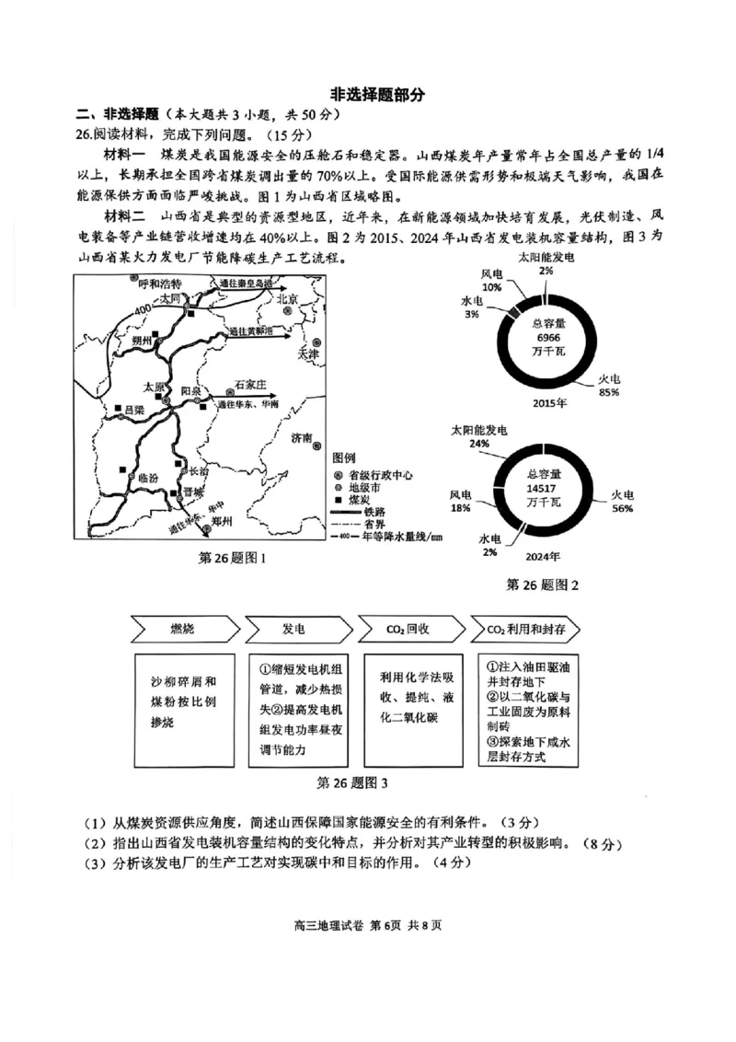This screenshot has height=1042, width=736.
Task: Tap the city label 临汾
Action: [147, 479]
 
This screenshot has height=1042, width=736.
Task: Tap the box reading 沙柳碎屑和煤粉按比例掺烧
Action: [184, 702]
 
